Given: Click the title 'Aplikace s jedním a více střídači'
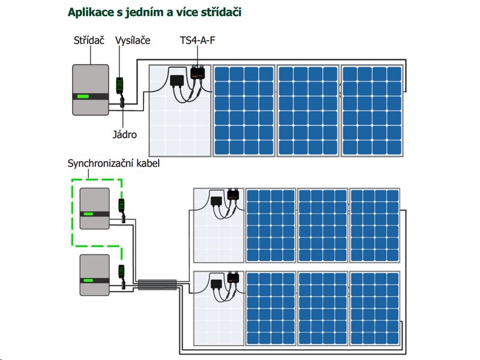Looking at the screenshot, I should point(154,11).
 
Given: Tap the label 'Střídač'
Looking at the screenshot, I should point(89,40).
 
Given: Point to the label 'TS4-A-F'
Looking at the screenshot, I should point(197,40).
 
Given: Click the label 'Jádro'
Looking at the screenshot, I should point(124,134).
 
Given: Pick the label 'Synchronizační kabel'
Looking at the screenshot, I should point(114,163).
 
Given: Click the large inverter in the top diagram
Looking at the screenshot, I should point(90,89).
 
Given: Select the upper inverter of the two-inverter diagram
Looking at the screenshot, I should point(95,209).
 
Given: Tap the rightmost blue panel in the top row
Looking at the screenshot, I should point(372,110).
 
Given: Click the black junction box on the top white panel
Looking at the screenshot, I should point(177,80).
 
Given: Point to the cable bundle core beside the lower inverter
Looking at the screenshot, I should point(157,285).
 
